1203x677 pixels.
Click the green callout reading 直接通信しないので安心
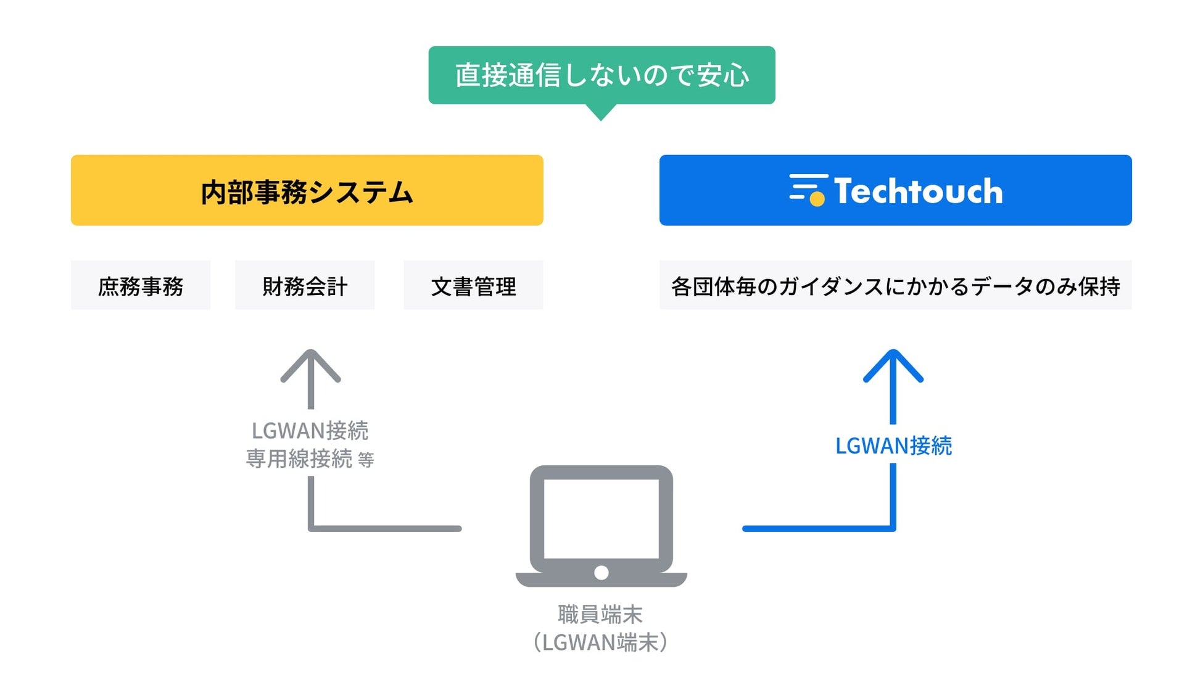(601, 75)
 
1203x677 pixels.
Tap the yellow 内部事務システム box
(307, 190)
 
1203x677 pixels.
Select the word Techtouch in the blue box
(918, 191)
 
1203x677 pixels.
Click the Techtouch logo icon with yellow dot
(808, 189)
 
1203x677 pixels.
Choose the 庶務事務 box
(141, 285)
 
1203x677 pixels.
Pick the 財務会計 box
(305, 285)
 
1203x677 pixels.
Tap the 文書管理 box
(473, 285)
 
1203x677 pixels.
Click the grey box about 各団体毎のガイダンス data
(895, 285)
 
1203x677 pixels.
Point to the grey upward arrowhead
(310, 365)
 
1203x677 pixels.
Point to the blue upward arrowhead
(893, 365)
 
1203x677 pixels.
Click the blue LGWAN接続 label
(893, 446)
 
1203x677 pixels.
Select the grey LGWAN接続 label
(310, 430)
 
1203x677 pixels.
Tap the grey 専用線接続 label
(299, 459)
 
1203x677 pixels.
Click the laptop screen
(601, 518)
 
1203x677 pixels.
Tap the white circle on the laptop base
(601, 573)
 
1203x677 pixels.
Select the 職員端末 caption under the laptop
(600, 614)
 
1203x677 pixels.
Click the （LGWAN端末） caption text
(600, 642)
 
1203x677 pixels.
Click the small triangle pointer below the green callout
(600, 112)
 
